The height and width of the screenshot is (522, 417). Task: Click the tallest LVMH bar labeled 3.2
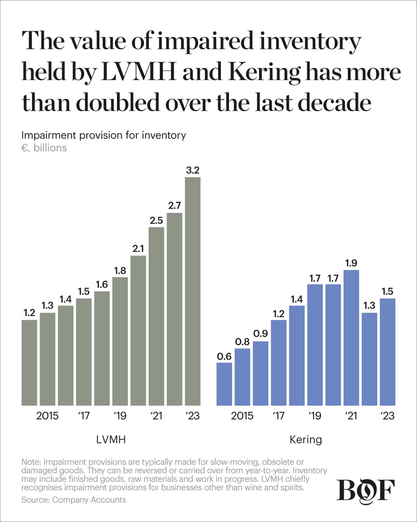click(x=193, y=291)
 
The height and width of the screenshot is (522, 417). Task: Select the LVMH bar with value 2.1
click(x=138, y=330)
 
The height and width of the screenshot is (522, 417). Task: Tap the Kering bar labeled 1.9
click(x=351, y=338)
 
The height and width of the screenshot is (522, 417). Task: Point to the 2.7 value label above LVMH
click(x=174, y=206)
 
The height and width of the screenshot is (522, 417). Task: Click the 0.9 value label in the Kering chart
click(x=260, y=334)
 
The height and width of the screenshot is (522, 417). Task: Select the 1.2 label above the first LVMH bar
click(x=29, y=313)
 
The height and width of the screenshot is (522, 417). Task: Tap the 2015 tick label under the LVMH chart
click(x=47, y=416)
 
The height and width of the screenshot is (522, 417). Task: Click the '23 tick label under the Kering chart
click(x=387, y=416)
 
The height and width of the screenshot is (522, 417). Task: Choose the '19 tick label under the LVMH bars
click(x=120, y=416)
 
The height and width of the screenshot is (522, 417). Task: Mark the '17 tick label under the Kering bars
click(x=279, y=416)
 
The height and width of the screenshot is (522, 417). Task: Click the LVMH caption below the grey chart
click(x=111, y=440)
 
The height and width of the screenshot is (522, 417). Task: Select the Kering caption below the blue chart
click(x=306, y=440)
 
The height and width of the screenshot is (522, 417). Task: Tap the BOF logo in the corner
click(x=365, y=491)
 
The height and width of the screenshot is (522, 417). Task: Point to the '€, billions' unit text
click(x=44, y=148)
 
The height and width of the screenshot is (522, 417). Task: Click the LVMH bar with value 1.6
click(x=102, y=348)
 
